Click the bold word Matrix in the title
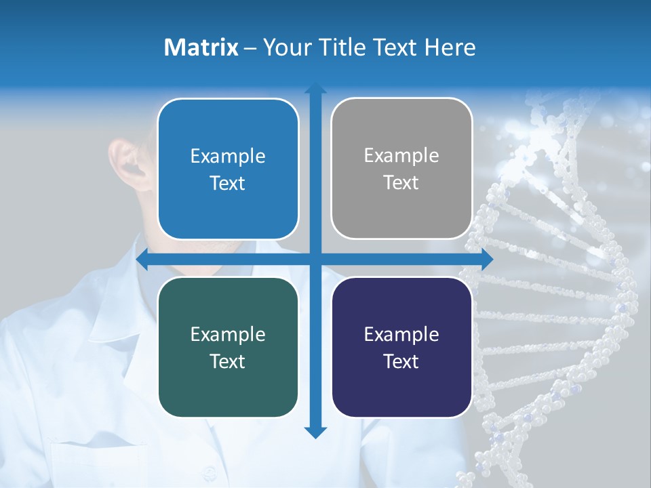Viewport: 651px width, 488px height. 201,47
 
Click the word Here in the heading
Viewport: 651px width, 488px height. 450,47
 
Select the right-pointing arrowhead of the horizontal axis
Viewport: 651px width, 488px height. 486,260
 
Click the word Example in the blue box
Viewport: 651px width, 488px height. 228,157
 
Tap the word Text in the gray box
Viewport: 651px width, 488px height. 401,183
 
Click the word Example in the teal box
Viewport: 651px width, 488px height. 228,335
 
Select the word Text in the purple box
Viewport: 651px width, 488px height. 401,362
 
